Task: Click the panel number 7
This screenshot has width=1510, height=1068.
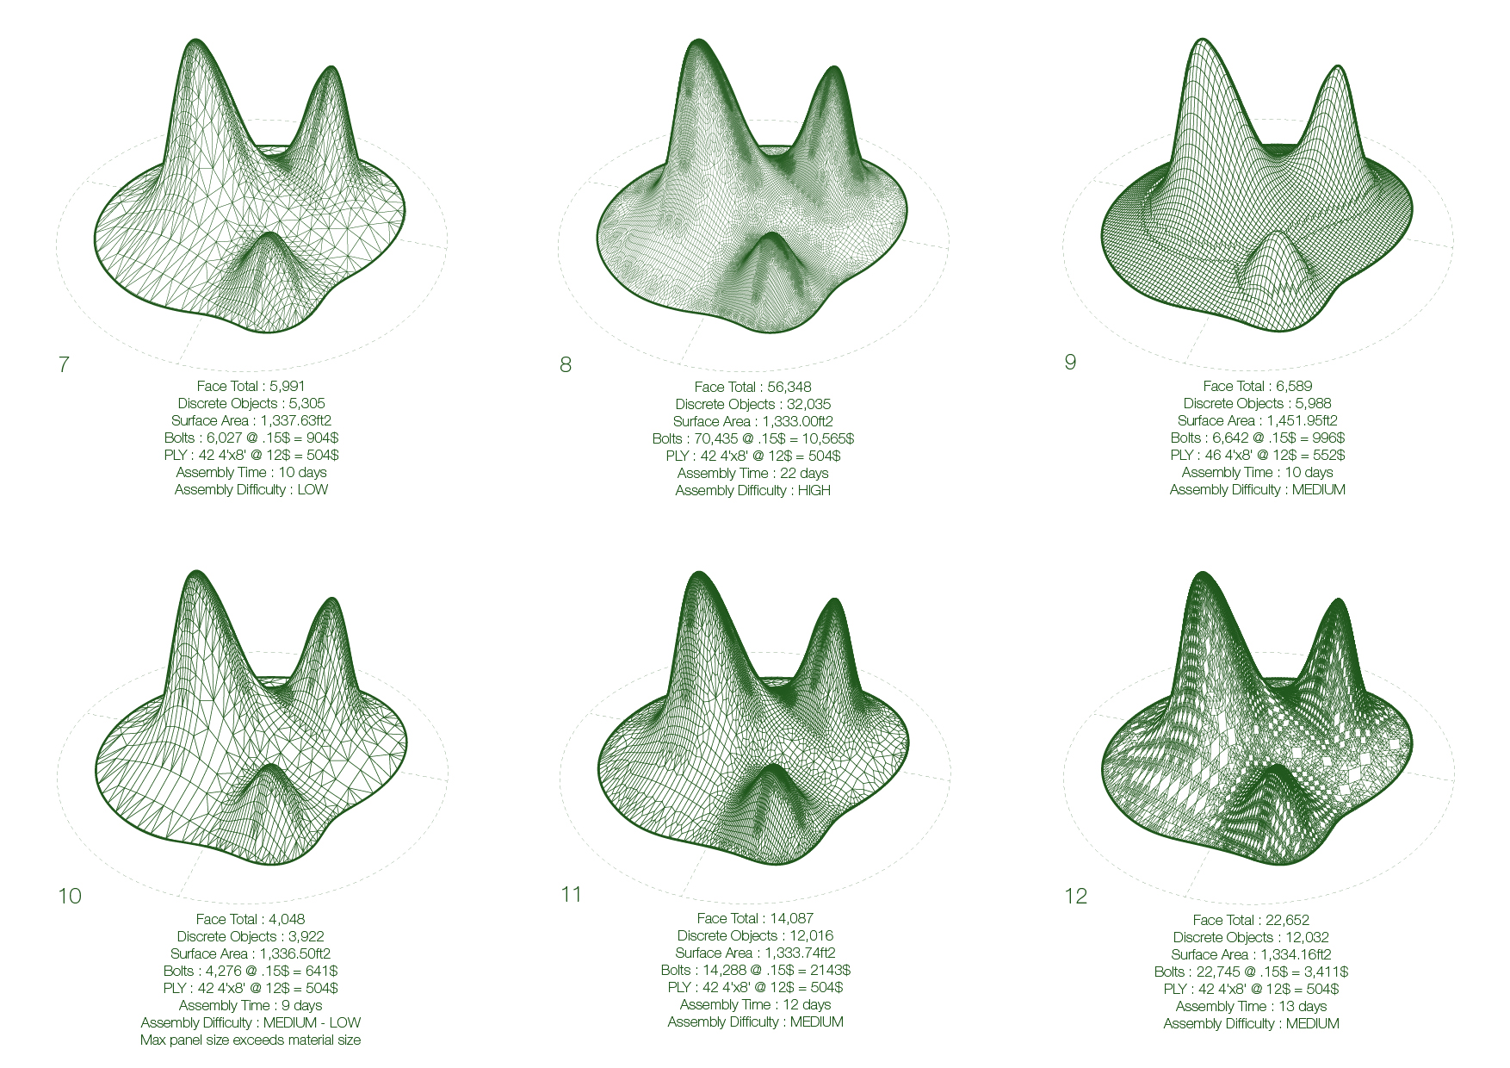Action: coord(64,364)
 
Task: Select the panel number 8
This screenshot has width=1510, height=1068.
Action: coord(566,365)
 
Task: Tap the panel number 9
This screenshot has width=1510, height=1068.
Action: coord(1070,362)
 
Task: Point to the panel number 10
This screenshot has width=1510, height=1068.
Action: coord(70,896)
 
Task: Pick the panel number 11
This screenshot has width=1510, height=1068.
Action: coord(572,894)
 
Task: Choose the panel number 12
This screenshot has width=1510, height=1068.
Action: coord(1076,896)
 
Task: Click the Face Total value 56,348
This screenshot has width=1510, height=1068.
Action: coord(789,387)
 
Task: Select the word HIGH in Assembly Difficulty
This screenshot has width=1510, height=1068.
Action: coord(814,490)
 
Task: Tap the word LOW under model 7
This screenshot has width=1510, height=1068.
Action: coord(313,489)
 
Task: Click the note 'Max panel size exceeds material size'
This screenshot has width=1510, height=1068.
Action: coord(251,1040)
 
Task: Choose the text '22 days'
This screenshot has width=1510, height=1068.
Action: coord(804,473)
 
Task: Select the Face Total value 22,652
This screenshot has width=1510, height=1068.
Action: coord(1287,920)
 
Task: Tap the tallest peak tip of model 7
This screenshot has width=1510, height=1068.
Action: coord(196,40)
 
